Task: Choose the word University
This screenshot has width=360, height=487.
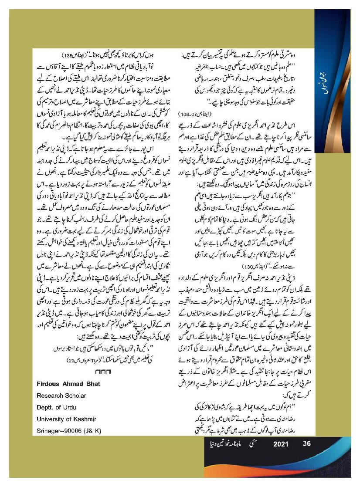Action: pos(50,419)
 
